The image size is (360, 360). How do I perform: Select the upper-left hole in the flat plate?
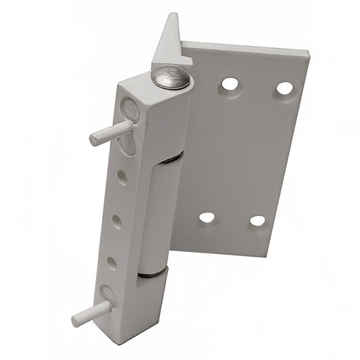pos(230,84)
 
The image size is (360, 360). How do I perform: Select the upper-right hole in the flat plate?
pos(284,88)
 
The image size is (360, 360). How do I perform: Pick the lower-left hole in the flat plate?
pos(207,217)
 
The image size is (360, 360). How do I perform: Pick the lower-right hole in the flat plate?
pos(257,220)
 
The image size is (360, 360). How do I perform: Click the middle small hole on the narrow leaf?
pos(117,220)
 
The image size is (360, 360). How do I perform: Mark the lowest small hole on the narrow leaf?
pos(111,263)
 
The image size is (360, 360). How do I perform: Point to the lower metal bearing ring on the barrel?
pos(153,273)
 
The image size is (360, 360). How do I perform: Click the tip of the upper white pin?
pos(95,139)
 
